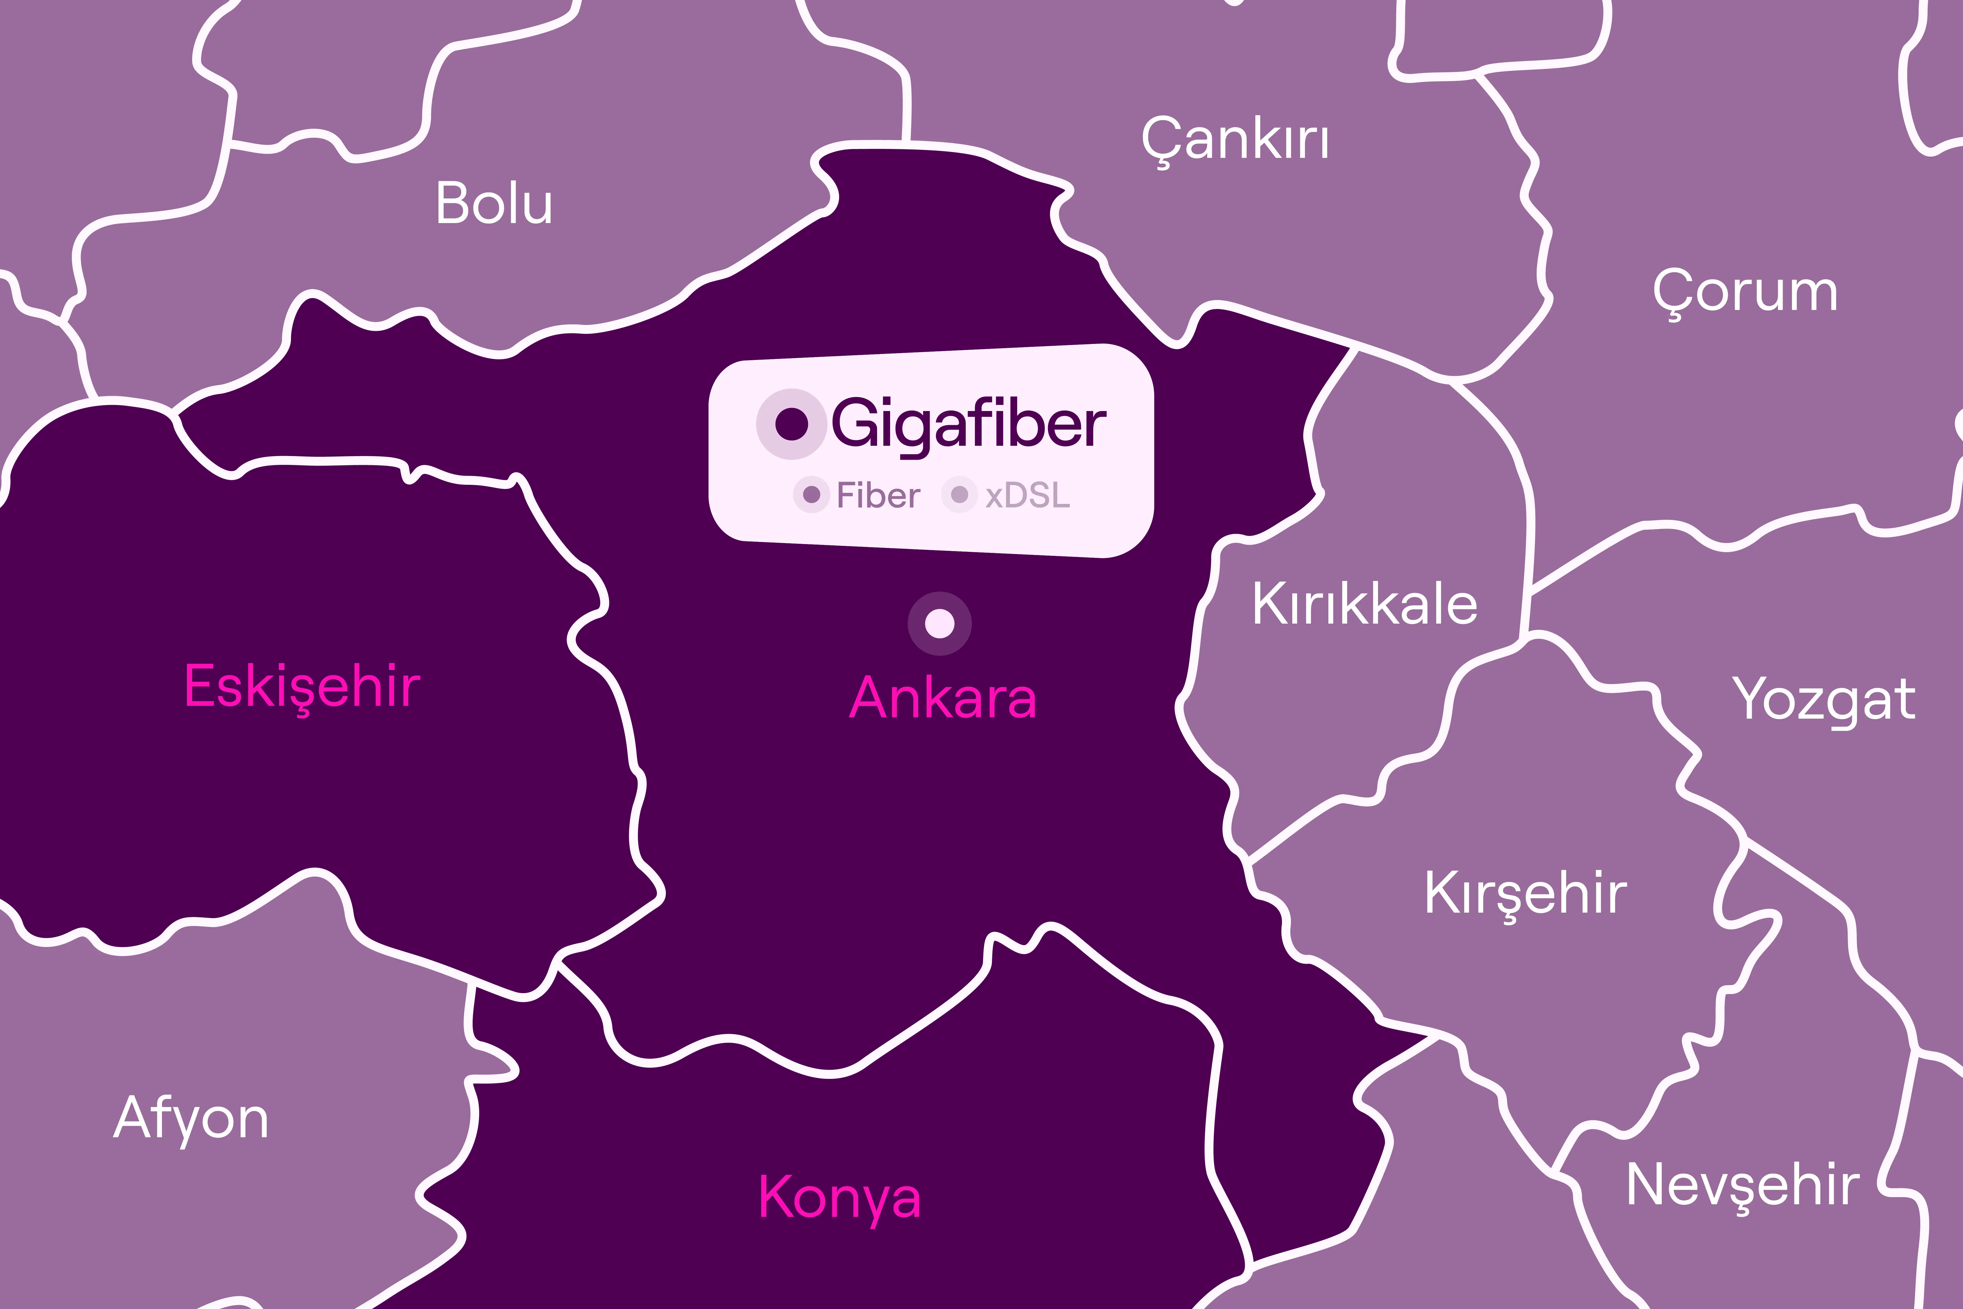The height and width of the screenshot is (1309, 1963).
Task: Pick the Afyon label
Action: (191, 1119)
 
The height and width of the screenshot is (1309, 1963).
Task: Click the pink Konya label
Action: (840, 1198)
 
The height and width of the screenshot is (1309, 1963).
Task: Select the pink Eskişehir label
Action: (302, 687)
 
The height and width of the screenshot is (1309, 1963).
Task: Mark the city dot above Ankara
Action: (940, 624)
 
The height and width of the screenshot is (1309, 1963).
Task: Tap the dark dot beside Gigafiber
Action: (791, 424)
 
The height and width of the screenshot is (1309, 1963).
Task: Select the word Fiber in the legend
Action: (878, 496)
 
